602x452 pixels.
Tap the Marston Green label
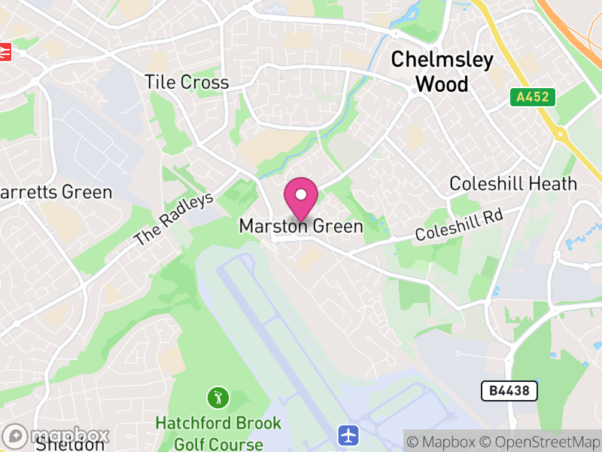tap(301, 226)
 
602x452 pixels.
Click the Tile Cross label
tap(187, 82)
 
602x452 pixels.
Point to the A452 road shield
tap(532, 97)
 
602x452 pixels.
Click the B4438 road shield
tap(509, 391)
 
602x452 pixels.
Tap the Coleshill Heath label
tap(513, 184)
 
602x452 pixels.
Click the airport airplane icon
tap(348, 435)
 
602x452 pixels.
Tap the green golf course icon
tap(218, 396)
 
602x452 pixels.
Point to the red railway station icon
tap(6, 51)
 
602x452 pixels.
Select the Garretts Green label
tap(56, 192)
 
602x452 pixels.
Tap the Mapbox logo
tap(56, 435)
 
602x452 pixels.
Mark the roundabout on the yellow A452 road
tap(560, 134)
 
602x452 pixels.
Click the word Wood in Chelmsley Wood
tap(442, 84)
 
